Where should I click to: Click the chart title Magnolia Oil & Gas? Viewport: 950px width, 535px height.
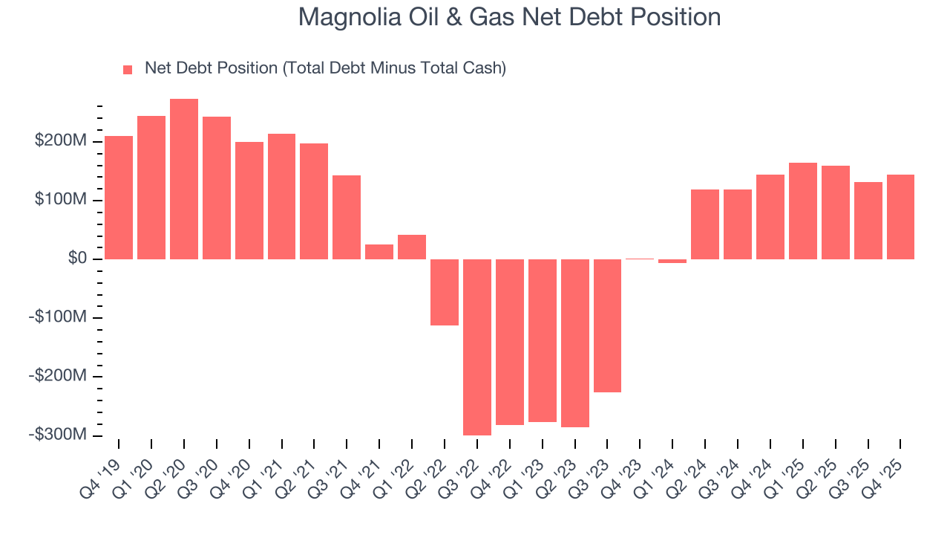(509, 17)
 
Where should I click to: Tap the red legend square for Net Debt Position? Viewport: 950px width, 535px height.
(128, 69)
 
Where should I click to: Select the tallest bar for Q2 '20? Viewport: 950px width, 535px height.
(184, 178)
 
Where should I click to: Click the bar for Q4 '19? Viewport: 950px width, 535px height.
(119, 197)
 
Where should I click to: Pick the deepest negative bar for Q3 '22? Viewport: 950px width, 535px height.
(477, 347)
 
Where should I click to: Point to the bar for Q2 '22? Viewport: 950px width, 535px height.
(445, 292)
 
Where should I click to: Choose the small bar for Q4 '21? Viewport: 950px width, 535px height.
(379, 252)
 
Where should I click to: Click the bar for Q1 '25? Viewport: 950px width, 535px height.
(803, 210)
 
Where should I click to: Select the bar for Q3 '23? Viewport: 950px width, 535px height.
(607, 325)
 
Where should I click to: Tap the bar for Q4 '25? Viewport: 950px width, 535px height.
(900, 216)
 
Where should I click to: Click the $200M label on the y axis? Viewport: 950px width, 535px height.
(60, 141)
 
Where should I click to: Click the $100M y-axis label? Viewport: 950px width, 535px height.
(60, 200)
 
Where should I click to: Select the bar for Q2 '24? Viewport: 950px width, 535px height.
(705, 224)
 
